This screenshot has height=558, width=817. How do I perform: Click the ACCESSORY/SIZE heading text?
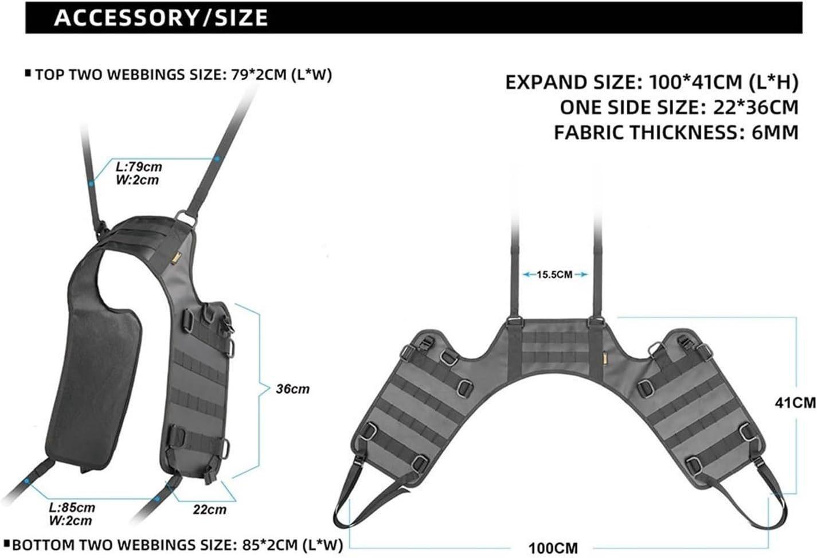pos(161,18)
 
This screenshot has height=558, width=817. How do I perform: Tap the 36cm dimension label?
pos(292,389)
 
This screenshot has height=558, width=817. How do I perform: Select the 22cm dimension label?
pos(209,509)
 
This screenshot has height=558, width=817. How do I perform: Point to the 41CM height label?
pos(795,403)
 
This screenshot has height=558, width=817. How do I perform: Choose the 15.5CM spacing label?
pos(554,275)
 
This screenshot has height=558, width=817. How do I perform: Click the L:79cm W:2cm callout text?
pos(138,173)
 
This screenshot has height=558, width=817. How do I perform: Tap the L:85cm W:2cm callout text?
pos(72,514)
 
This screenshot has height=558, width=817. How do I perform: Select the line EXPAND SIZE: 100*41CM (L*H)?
pos(651,83)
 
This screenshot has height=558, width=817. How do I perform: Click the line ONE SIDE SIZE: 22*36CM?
pos(679,107)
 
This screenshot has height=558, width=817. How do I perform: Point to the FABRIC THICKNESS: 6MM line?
pos(675,132)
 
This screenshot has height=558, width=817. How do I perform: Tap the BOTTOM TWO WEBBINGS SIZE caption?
pos(177,544)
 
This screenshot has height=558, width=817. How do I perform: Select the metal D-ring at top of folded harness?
pos(188,218)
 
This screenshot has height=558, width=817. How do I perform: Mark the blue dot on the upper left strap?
pos(91,184)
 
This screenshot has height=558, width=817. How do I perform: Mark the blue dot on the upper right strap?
pos(217,158)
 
